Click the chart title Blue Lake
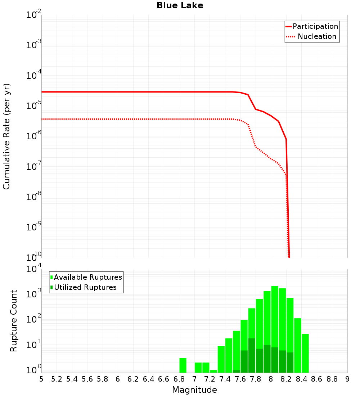[180, 5]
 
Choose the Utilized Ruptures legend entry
[85, 287]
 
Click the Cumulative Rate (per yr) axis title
[6, 136]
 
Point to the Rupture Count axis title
[14, 321]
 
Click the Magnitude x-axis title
[194, 390]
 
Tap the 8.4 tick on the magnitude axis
[301, 379]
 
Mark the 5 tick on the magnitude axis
[41, 379]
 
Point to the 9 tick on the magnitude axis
[347, 379]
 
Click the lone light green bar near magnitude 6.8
[183, 365]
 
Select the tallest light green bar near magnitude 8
[275, 324]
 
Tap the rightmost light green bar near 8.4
[305, 353]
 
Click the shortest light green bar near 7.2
[213, 371]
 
